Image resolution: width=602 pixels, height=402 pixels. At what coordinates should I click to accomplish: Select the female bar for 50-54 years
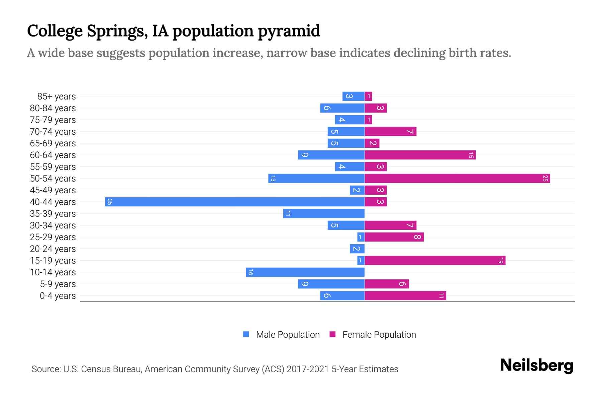point(457,178)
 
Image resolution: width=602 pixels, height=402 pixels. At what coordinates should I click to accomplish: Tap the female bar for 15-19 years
point(435,260)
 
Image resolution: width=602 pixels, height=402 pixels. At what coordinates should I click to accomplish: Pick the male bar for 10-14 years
point(305,272)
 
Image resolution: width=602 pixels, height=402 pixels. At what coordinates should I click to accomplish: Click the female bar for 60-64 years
point(420,155)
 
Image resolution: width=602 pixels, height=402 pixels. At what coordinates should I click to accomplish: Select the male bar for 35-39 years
point(324,213)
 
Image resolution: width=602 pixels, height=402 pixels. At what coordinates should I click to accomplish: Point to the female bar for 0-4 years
point(405,295)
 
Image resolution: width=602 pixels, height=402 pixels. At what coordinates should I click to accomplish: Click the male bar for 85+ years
point(353,96)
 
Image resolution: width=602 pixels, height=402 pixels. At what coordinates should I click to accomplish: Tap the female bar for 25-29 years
point(394,237)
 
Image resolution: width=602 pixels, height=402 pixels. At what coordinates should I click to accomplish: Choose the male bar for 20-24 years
point(357,249)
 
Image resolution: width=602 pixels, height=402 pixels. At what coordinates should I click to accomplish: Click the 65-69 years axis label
point(53,143)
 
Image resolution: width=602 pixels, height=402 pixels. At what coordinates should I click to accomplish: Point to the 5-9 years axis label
point(58,284)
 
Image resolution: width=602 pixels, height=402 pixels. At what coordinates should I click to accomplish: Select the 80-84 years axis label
point(53,108)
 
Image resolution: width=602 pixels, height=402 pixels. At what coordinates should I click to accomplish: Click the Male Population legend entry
point(288,334)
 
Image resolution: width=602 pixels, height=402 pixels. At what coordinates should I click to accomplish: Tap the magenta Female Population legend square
point(332,334)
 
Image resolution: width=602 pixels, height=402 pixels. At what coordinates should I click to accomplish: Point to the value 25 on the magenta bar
point(545,178)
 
